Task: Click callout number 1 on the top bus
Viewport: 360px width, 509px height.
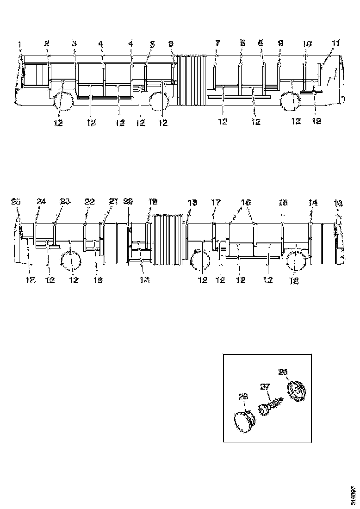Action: tap(19, 44)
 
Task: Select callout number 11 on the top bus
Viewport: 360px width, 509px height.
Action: tap(335, 43)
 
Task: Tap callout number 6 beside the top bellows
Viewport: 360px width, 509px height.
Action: tap(171, 43)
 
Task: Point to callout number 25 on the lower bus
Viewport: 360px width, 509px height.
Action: tap(16, 202)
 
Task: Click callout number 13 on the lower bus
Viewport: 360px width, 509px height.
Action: tap(338, 202)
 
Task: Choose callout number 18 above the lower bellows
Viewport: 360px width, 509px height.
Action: tap(192, 202)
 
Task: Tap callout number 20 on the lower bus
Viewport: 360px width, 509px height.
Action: tap(128, 201)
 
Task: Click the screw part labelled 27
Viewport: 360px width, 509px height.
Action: tap(270, 408)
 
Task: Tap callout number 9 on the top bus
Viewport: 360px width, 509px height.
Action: tap(280, 43)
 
